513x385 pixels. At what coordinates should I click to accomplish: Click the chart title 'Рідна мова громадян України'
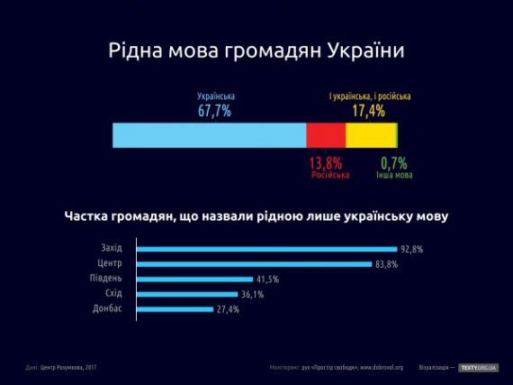[256, 50]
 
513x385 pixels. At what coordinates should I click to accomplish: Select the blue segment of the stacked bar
[209, 135]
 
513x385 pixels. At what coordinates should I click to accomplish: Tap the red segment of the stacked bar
[326, 135]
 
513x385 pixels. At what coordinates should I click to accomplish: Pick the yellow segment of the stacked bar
[370, 135]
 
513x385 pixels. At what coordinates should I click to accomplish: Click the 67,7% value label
[215, 111]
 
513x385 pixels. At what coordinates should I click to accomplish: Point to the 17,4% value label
[368, 111]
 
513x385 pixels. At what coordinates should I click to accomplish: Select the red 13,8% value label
[326, 163]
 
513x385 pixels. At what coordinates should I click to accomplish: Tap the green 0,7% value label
[394, 163]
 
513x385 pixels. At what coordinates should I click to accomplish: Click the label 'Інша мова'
[394, 175]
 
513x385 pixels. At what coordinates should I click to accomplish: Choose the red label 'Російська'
[328, 175]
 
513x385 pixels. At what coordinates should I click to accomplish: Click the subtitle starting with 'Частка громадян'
[256, 216]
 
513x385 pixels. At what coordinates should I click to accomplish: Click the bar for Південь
[194, 279]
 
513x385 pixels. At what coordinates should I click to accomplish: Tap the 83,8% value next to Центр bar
[387, 264]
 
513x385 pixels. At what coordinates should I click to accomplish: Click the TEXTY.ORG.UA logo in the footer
[478, 367]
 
